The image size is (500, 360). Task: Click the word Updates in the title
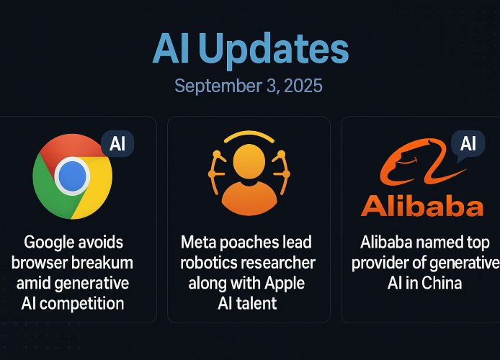click(275, 50)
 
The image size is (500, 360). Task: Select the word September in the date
click(218, 86)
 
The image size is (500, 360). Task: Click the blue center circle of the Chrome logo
click(72, 176)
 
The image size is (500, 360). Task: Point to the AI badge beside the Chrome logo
click(117, 144)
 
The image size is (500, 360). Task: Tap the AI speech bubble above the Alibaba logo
click(468, 144)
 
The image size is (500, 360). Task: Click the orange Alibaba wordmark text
click(422, 207)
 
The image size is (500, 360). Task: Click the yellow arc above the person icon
click(249, 136)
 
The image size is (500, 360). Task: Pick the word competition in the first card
click(81, 304)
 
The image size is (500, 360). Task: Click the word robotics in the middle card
click(205, 263)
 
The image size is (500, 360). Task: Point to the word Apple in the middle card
click(285, 284)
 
